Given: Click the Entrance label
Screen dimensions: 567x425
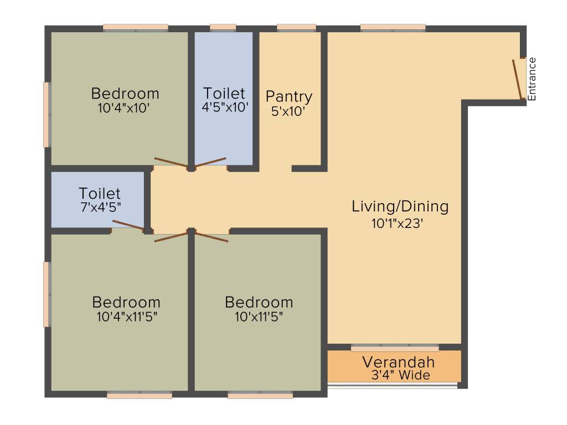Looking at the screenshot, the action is (x=532, y=79).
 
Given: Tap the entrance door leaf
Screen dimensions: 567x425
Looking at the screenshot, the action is (x=518, y=79).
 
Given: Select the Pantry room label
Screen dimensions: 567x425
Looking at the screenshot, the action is (x=289, y=97).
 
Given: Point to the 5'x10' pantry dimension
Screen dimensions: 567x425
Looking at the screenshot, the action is (x=288, y=111).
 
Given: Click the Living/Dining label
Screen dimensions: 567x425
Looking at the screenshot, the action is (x=400, y=207).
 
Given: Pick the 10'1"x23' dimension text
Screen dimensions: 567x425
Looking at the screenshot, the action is (x=397, y=224).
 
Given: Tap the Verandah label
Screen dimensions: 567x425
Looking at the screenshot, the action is (x=399, y=362).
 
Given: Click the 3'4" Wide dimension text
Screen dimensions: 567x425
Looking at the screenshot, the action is (x=401, y=375).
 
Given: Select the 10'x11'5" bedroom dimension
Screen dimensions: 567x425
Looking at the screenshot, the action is (x=259, y=317).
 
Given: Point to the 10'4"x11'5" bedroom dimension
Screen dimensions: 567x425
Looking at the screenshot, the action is (x=127, y=317).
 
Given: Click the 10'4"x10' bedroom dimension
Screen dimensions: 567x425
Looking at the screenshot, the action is (x=123, y=108).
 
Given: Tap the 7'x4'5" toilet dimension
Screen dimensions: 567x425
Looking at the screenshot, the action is (x=101, y=207).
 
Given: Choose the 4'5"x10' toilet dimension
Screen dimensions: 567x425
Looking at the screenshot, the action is (x=225, y=107).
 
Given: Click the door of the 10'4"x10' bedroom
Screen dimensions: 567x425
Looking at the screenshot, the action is (x=172, y=163).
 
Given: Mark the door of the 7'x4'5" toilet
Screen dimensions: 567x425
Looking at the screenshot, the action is (x=128, y=225).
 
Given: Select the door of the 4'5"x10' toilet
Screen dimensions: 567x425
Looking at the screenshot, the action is (x=210, y=163).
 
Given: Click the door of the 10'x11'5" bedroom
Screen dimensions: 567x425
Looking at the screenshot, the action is (x=212, y=237).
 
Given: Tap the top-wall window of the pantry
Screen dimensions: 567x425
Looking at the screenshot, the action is (x=297, y=28).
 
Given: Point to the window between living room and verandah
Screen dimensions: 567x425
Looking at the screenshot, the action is (x=395, y=348).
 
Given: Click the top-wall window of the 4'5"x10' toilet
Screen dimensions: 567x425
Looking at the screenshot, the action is (x=223, y=28).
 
